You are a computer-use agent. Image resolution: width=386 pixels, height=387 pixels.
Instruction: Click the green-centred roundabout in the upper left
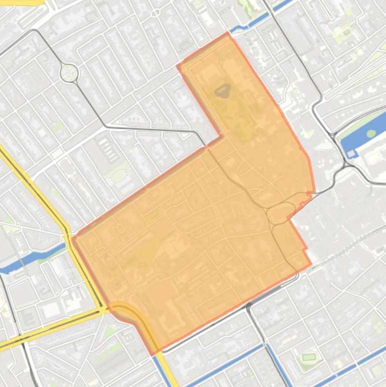tap(69, 73)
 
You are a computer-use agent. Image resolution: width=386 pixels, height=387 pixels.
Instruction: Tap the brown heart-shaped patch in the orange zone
tap(222, 90)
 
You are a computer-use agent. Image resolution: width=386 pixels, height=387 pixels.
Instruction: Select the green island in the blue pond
tap(371, 134)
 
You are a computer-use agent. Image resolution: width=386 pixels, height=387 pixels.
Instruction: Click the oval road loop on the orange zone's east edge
tap(281, 212)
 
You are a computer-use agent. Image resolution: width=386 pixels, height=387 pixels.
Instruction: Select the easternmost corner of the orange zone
tap(314, 191)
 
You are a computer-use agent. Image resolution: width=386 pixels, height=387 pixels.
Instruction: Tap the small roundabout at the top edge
tap(156, 13)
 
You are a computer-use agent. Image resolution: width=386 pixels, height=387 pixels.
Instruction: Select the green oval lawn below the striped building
tap(118, 175)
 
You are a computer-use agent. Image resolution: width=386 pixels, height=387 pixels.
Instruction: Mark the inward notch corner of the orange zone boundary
tap(221, 136)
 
